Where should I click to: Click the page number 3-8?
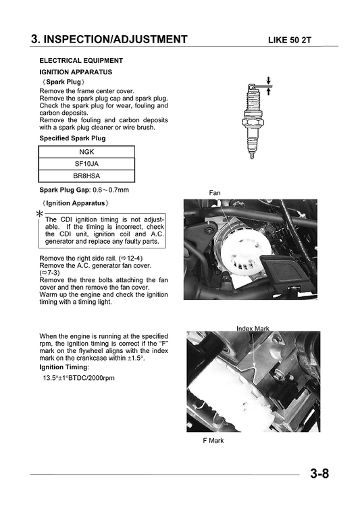[319, 473]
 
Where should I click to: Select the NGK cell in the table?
[86, 152]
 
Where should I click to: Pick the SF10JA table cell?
[86, 164]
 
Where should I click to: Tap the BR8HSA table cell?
[86, 176]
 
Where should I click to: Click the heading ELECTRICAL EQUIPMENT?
[81, 61]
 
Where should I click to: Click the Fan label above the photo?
[214, 193]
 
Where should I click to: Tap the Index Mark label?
[253, 329]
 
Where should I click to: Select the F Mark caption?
[213, 441]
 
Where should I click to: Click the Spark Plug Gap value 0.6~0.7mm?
[111, 190]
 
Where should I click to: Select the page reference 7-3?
[50, 273]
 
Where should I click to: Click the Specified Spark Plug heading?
[72, 138]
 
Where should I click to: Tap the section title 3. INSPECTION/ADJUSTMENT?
[109, 39]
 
